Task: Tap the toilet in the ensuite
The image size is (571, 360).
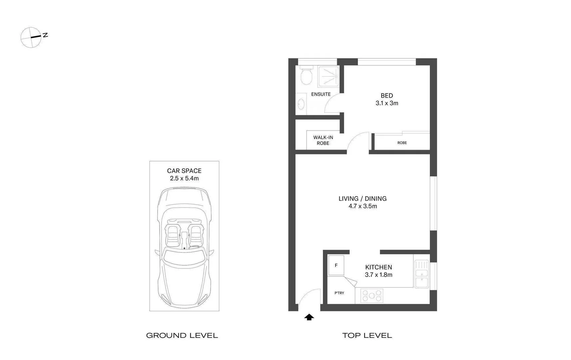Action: click(306, 76)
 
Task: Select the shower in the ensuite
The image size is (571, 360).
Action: click(328, 76)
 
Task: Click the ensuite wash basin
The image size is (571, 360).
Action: click(301, 104)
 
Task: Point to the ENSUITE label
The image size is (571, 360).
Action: click(321, 94)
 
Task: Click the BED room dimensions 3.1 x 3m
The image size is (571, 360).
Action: click(387, 103)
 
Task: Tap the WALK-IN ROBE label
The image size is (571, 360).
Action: click(323, 140)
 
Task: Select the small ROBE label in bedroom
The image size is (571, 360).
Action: click(402, 143)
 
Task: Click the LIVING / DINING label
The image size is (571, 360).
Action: click(362, 199)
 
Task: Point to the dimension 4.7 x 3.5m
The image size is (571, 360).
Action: click(362, 206)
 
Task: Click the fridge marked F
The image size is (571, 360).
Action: click(336, 265)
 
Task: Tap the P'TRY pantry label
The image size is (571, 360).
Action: click(339, 293)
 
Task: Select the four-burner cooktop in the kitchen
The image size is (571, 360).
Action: click(371, 296)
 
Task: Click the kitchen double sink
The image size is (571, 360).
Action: click(421, 273)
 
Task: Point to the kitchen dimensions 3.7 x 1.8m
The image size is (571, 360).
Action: click(378, 275)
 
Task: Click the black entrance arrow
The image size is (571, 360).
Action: click(309, 317)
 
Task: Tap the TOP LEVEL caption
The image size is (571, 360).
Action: click(367, 336)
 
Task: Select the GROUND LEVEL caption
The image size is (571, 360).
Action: click(182, 336)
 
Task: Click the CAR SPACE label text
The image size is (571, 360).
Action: click(184, 171)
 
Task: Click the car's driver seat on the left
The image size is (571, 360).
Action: click(173, 234)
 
